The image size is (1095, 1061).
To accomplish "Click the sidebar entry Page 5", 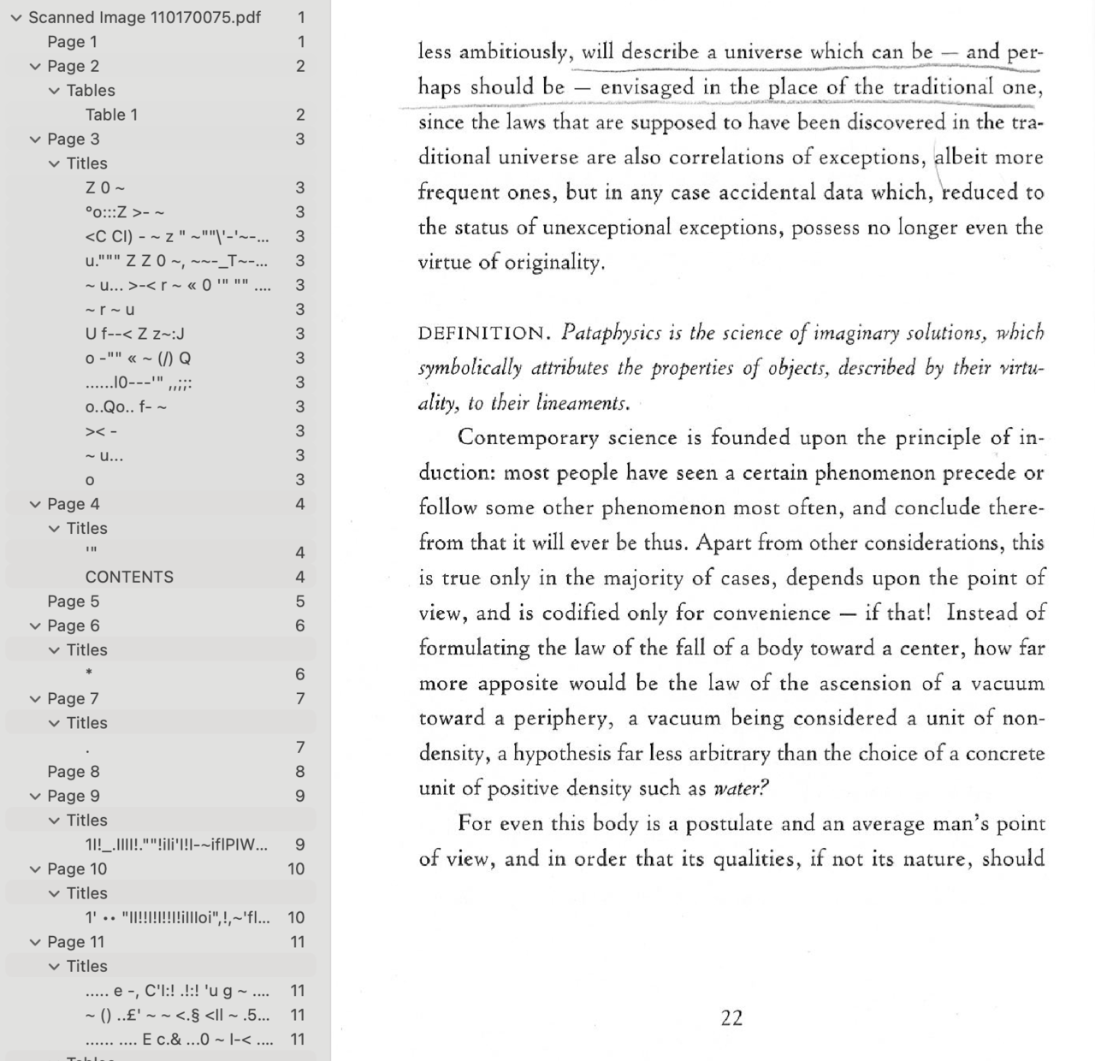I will point(74,602).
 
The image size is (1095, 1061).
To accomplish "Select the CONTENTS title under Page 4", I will point(129,577).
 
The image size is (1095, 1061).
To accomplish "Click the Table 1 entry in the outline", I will point(111,115).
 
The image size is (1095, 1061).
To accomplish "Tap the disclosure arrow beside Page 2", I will point(35,67).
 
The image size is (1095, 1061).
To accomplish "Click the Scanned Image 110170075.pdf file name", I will point(145,17).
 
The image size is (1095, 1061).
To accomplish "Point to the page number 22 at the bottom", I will point(731,1017).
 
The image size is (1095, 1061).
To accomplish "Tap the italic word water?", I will point(741,788).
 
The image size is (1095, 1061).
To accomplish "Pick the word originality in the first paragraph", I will point(553,263).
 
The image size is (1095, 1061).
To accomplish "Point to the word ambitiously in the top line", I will point(515,52).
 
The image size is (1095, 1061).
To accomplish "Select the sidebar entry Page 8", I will point(74,772).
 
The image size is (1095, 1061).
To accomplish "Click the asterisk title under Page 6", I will point(89,674).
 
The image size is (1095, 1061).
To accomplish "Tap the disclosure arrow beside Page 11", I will point(35,942).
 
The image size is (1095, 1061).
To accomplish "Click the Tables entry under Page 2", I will point(91,91).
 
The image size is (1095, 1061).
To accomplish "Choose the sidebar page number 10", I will point(296,869).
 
